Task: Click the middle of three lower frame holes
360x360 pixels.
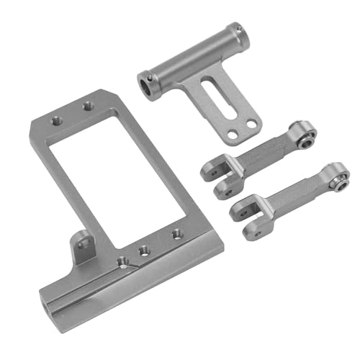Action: click(145, 249)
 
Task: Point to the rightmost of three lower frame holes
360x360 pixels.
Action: click(176, 234)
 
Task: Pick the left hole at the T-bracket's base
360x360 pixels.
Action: click(232, 135)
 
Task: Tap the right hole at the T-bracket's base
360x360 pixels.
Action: click(251, 124)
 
